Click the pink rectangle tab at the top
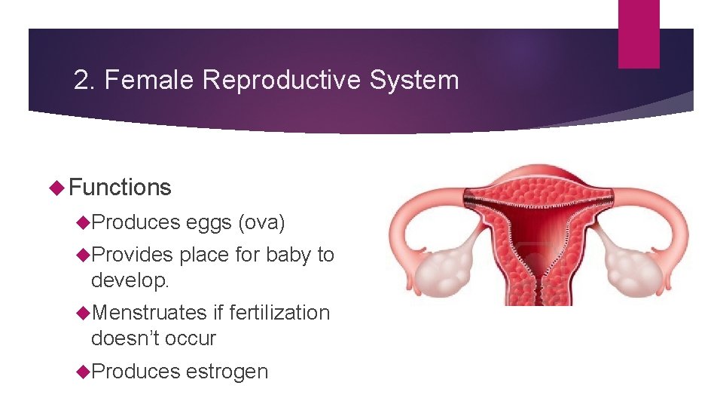(638, 34)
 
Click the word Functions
(120, 188)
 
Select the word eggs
(209, 223)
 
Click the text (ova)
(261, 223)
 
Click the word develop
(129, 280)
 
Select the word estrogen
(227, 372)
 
